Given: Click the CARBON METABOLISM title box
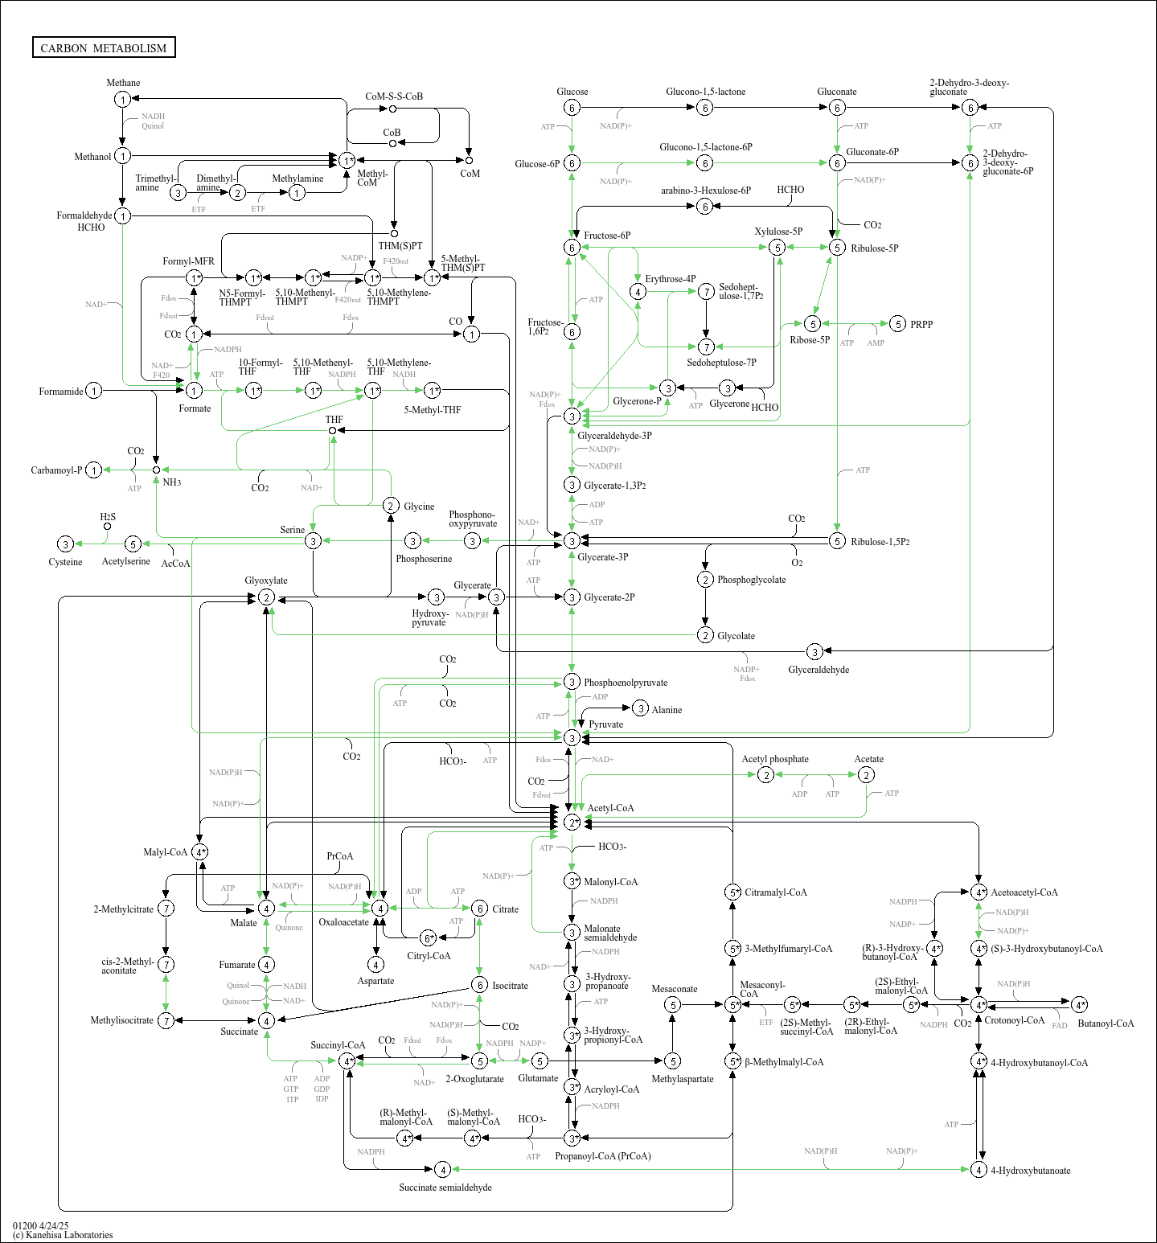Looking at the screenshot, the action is click(104, 47).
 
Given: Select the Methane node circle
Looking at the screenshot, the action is click(122, 99).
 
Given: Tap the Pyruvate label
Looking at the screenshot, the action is click(605, 724).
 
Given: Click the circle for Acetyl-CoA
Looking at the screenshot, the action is click(572, 822).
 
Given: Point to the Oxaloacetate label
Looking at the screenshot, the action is click(343, 922).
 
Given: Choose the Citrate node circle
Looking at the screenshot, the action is click(479, 909).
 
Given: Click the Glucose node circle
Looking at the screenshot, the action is click(572, 108).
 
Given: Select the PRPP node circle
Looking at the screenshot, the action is click(897, 324).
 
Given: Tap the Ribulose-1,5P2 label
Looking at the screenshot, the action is click(880, 542).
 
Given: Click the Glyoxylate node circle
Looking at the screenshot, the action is click(266, 597).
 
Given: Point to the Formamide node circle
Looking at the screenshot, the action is click(94, 391).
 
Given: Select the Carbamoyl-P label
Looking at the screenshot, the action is click(56, 470).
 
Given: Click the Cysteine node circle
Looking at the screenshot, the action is click(65, 544).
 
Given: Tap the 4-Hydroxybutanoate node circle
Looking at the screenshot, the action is click(979, 1170).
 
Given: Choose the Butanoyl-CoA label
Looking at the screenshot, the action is click(1106, 1024).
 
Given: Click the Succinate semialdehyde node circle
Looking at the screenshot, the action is click(441, 1170).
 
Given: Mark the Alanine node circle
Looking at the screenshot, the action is click(640, 708).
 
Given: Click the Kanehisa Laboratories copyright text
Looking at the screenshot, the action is click(63, 1235).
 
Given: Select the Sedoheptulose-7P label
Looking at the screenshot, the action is click(721, 363).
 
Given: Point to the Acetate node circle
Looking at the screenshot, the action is click(866, 774).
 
